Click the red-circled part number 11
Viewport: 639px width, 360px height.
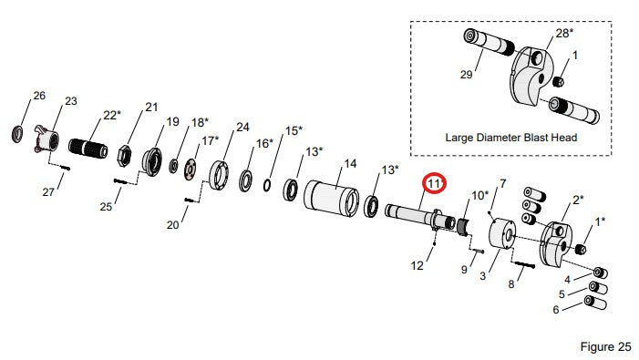[x=435, y=184]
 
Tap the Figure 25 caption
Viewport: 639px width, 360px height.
[x=605, y=346]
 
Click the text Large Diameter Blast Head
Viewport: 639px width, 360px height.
[x=511, y=138]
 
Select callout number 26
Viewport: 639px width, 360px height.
[x=39, y=96]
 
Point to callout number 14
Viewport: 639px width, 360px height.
[x=350, y=164]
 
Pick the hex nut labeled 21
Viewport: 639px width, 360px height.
[x=124, y=156]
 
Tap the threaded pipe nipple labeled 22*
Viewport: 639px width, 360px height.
[x=88, y=147]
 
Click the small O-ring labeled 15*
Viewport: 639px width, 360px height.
[x=267, y=185]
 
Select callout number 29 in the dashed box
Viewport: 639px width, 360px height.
[x=466, y=75]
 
